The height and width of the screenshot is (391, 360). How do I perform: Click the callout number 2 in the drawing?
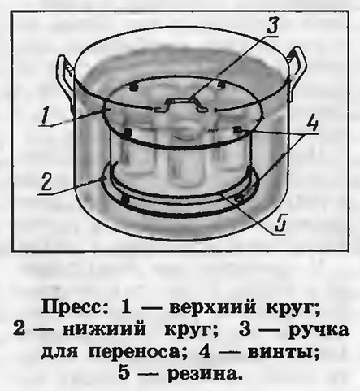46,182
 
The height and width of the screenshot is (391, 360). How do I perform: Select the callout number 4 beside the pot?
312,124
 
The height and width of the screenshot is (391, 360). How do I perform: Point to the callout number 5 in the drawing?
280,224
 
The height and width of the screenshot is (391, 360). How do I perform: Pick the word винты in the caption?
280,353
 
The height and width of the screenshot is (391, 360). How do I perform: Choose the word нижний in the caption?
103,330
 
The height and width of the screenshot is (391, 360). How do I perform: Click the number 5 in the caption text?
124,374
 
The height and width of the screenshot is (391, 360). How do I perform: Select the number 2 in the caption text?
19,330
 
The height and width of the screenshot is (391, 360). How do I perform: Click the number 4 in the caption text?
205,352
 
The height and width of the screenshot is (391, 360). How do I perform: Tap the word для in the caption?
60,354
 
